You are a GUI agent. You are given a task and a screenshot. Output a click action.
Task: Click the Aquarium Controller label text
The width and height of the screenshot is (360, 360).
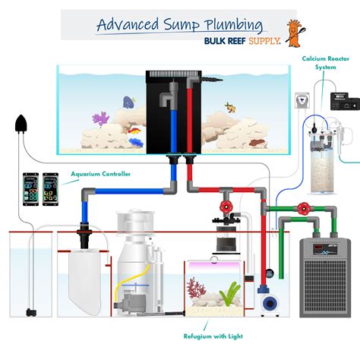100,174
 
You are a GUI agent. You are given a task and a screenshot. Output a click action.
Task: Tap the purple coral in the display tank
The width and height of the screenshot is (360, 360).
100,118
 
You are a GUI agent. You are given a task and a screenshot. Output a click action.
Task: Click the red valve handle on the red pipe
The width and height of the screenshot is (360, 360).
225,206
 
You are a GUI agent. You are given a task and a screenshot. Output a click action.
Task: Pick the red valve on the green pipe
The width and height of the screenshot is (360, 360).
305,207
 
